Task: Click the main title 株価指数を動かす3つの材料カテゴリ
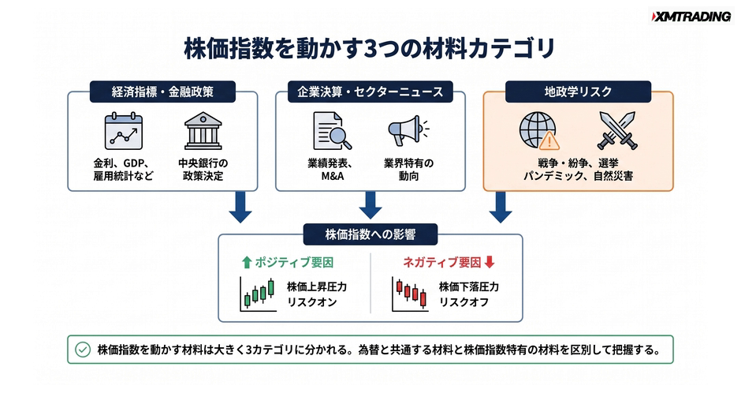pyautogui.click(x=370, y=49)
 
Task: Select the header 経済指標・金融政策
pyautogui.click(x=162, y=92)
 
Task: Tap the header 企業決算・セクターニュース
pyautogui.click(x=370, y=92)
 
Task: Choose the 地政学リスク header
pyautogui.click(x=578, y=92)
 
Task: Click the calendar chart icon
pyautogui.click(x=123, y=131)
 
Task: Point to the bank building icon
pyautogui.click(x=203, y=131)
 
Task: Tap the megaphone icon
pyautogui.click(x=408, y=130)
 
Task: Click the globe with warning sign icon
pyautogui.click(x=539, y=132)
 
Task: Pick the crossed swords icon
pyautogui.click(x=617, y=131)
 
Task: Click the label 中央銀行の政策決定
pyautogui.click(x=203, y=170)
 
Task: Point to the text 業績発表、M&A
pyautogui.click(x=330, y=170)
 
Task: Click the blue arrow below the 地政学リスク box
pyautogui.click(x=501, y=207)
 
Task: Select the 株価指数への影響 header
pyautogui.click(x=370, y=234)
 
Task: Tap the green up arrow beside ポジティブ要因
pyautogui.click(x=246, y=262)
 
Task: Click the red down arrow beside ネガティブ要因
pyautogui.click(x=490, y=262)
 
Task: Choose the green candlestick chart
pyautogui.click(x=258, y=294)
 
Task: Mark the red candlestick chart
pyautogui.click(x=410, y=294)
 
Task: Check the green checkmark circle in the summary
pyautogui.click(x=83, y=350)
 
